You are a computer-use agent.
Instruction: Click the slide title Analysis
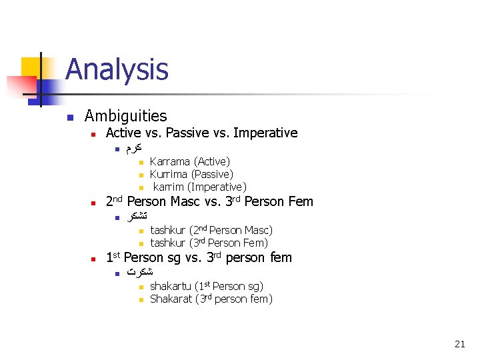click(117, 69)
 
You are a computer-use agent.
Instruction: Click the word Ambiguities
click(125, 116)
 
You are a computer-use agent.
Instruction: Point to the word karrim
click(169, 187)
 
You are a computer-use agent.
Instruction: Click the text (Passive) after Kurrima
click(214, 174)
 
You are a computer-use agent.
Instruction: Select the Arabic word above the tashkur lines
click(137, 216)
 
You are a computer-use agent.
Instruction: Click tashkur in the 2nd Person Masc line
click(168, 230)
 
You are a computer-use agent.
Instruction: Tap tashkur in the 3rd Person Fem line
click(168, 243)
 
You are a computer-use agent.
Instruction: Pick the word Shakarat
click(171, 299)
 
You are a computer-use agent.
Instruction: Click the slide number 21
click(459, 344)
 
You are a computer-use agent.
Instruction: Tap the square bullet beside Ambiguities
click(69, 117)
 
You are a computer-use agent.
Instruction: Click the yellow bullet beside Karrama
click(141, 162)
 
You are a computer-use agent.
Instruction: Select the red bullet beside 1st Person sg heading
click(94, 259)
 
